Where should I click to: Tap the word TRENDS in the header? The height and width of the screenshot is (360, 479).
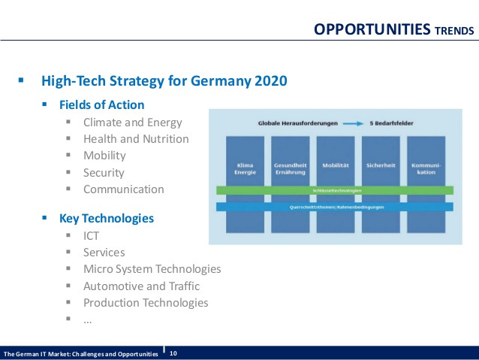coord(454,31)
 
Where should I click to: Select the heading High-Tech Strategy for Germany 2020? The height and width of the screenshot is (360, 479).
coord(164,80)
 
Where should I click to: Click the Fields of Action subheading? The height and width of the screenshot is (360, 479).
coord(102,104)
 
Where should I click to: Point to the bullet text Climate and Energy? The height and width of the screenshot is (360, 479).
coord(132,122)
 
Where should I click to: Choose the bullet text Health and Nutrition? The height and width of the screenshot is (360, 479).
coord(136,139)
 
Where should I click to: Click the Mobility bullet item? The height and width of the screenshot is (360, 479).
coord(104,156)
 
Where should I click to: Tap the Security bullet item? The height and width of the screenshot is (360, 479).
coord(104,173)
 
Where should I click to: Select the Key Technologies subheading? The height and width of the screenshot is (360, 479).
coord(107,219)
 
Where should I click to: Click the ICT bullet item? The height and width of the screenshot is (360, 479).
coord(92,236)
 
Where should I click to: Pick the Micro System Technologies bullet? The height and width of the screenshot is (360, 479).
coord(152,269)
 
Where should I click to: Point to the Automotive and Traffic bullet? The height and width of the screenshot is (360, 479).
coord(141,286)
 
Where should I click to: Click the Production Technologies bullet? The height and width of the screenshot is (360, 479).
coord(146,303)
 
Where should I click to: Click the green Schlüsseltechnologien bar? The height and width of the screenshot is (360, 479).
coord(335,191)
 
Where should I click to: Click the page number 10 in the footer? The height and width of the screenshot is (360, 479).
coord(173,353)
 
